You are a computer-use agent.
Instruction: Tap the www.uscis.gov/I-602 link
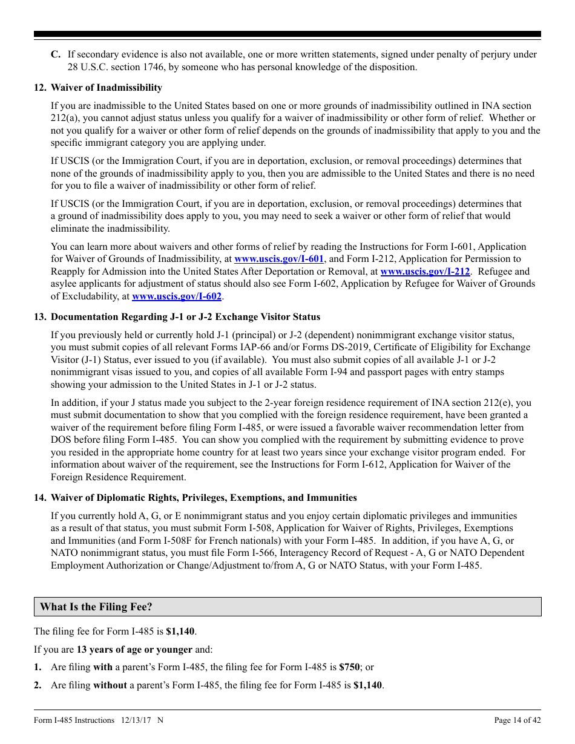click(x=177, y=296)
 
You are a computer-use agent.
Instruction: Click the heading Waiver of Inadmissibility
click(x=107, y=88)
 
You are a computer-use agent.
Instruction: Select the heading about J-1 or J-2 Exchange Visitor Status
click(x=185, y=317)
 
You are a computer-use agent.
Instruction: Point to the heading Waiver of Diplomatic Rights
click(x=203, y=498)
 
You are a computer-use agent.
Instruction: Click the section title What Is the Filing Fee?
click(x=96, y=607)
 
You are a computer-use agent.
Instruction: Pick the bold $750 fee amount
click(x=350, y=667)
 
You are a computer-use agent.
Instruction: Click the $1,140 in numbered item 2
click(x=368, y=685)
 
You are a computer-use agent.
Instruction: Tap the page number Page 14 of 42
click(x=517, y=720)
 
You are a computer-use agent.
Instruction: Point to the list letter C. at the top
click(x=56, y=54)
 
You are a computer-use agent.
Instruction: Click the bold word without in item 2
click(x=110, y=685)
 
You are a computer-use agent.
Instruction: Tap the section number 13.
click(x=40, y=317)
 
